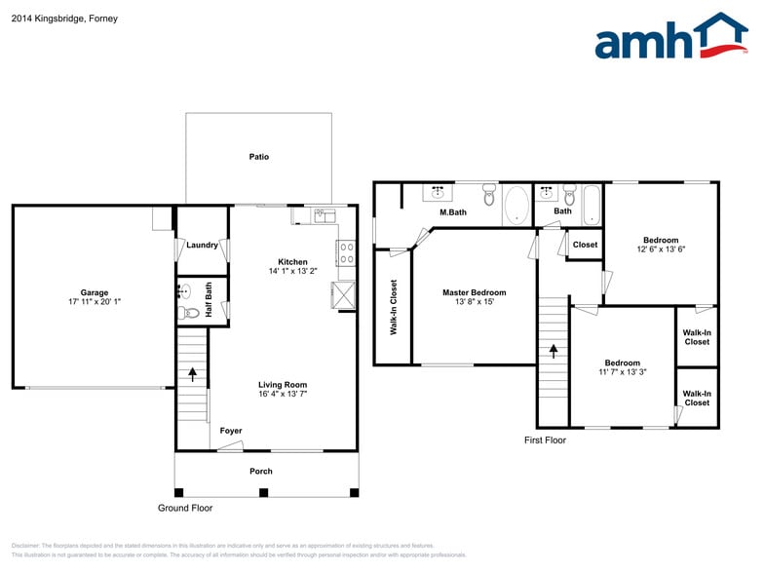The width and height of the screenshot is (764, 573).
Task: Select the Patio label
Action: tap(258, 157)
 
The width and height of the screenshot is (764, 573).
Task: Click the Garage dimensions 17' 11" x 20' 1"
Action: tap(95, 302)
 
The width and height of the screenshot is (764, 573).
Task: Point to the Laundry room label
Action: tap(202, 246)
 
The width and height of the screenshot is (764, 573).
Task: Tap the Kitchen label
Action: tap(292, 262)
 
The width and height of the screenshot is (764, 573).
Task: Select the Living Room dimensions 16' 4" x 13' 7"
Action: tap(283, 395)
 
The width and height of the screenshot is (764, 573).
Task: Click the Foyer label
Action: tap(230, 431)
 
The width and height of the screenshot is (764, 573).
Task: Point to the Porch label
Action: tap(261, 472)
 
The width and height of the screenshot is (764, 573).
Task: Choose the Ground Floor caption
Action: tap(185, 508)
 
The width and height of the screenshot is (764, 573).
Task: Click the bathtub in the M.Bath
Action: tap(516, 207)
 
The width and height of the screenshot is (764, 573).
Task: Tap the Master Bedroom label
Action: tap(474, 292)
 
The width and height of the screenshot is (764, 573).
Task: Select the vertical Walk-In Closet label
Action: tap(394, 307)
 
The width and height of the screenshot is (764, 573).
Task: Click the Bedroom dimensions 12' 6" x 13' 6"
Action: tap(660, 249)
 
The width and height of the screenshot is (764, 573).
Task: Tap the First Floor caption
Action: tap(545, 440)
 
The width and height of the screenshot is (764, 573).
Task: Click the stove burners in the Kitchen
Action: tap(346, 252)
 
